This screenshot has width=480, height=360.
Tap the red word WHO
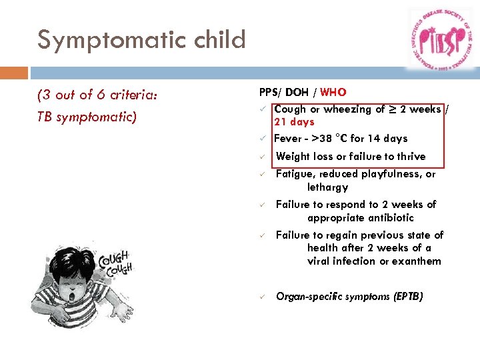pos(333,93)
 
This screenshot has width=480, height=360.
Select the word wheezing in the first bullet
pos(347,109)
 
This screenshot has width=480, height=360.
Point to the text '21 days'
pos(294,122)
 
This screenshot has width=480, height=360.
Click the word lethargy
pos(327,187)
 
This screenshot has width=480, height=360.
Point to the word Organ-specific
pos(311,297)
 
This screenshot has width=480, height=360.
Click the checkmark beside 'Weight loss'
pos(263,157)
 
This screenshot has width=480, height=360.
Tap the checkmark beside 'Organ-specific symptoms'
pos(263,297)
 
